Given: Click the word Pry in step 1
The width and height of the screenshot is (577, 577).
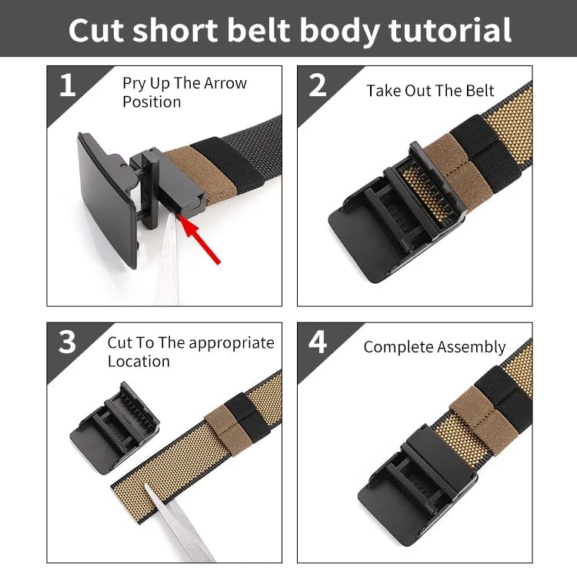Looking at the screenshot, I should point(135,83).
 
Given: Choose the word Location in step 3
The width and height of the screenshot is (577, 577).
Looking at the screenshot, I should point(138,361).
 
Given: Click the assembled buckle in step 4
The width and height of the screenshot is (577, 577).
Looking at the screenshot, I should point(415,477).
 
